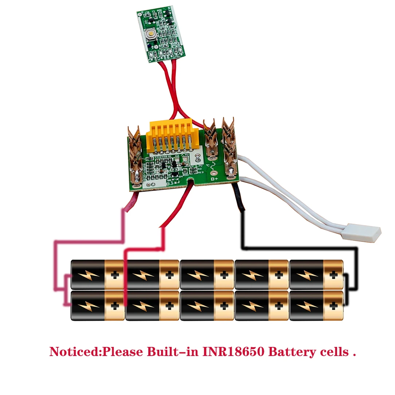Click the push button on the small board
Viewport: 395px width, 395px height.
click(x=150, y=35)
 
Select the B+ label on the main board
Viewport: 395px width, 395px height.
click(x=214, y=179)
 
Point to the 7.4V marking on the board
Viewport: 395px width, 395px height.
click(x=185, y=155)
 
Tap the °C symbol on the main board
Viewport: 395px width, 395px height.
click(x=208, y=165)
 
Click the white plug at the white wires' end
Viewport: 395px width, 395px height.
click(x=361, y=232)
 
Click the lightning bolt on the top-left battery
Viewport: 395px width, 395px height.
click(x=87, y=274)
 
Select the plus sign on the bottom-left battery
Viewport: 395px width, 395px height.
click(x=115, y=306)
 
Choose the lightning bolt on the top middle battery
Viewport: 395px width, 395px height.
click(x=197, y=274)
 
